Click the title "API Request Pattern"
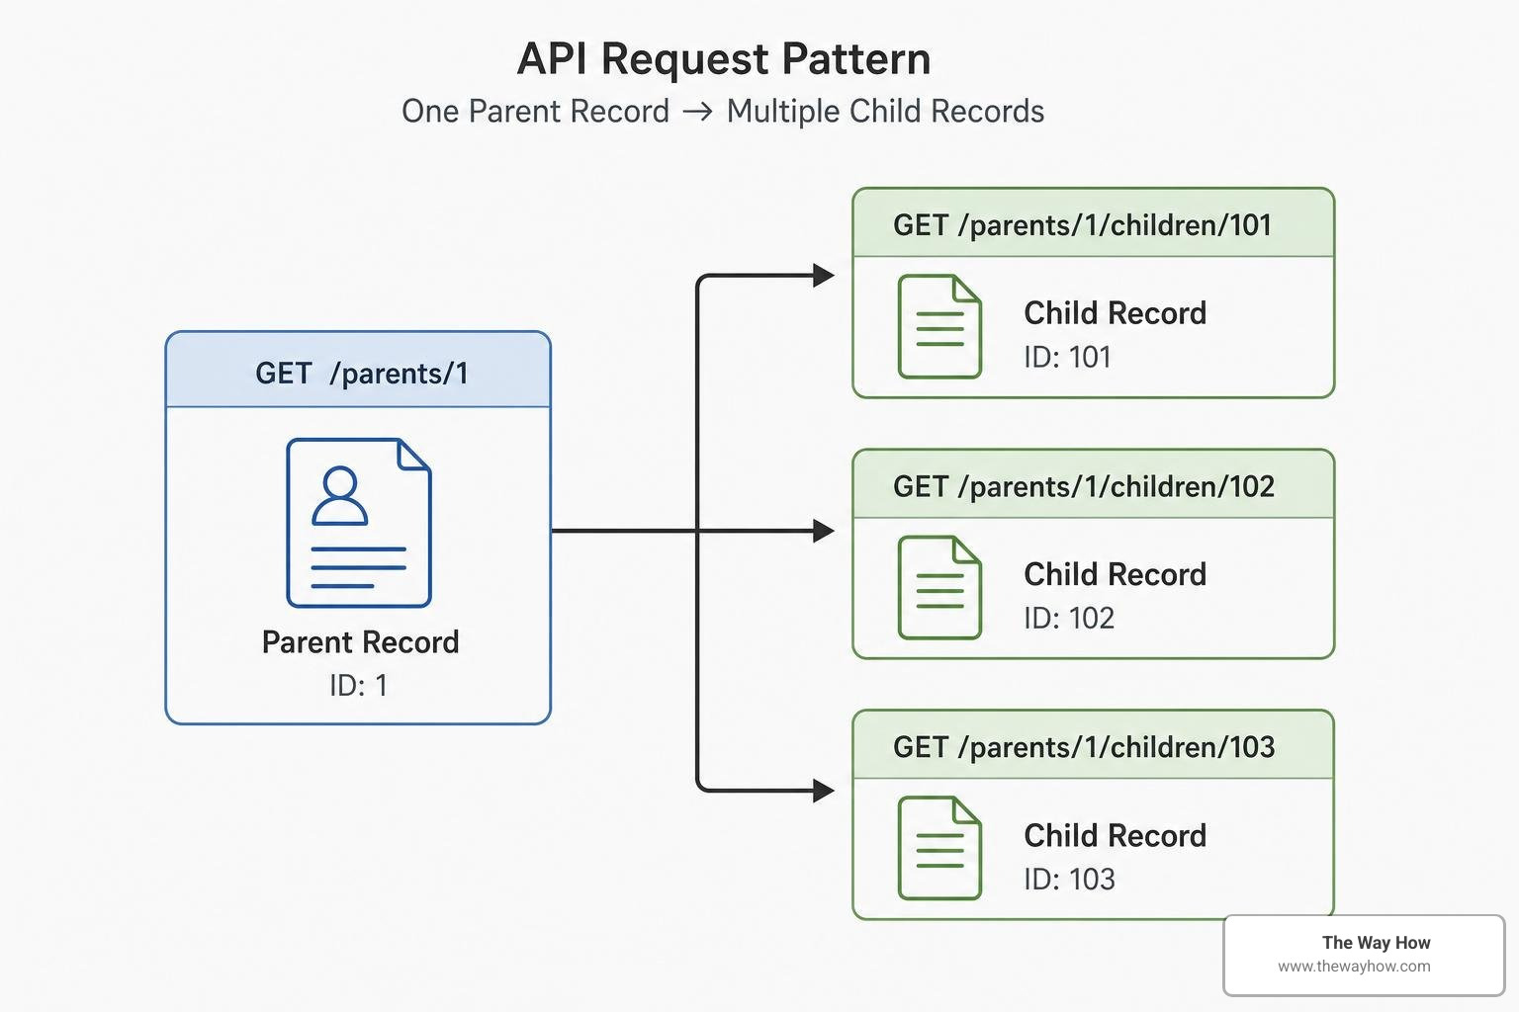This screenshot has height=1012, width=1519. click(x=724, y=59)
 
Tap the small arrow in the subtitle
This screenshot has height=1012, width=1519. click(x=698, y=112)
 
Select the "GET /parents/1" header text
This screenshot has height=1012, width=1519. click(x=361, y=374)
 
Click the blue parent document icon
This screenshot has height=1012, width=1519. click(x=359, y=523)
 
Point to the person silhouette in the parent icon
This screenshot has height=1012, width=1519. click(x=340, y=495)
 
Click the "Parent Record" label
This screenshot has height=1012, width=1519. click(x=361, y=642)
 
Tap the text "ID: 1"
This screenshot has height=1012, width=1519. click(x=359, y=685)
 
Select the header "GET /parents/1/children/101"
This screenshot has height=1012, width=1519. click(x=1082, y=225)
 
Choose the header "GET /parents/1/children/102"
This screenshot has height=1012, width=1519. click(x=1084, y=486)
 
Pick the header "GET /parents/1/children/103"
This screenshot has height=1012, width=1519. click(x=1084, y=747)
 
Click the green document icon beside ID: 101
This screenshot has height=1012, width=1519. click(x=939, y=326)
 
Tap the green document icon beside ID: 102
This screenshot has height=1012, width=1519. click(x=939, y=588)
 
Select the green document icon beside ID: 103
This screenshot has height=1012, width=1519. click(x=939, y=848)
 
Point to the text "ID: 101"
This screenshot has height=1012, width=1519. click(x=1067, y=357)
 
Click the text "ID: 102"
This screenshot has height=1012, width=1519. click(x=1069, y=619)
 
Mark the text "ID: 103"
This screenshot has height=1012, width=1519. click(x=1069, y=880)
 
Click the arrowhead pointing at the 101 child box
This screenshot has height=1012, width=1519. click(x=823, y=275)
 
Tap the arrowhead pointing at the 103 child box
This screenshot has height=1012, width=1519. click(x=823, y=791)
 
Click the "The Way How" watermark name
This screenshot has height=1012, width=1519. click(x=1376, y=943)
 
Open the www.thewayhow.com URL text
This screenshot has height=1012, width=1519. click(x=1354, y=967)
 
